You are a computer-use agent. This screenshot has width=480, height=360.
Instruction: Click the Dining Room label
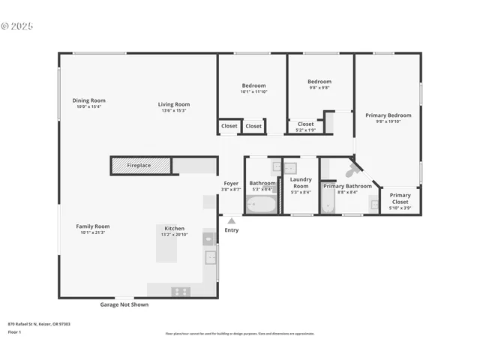click(88, 100)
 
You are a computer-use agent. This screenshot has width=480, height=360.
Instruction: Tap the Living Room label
click(174, 104)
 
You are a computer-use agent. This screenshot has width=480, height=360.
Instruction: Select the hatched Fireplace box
click(140, 165)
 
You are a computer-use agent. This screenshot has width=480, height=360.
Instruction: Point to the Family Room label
click(92, 226)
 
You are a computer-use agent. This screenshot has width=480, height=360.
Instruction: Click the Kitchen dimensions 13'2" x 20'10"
click(174, 235)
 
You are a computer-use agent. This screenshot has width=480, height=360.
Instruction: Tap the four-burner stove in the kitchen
click(181, 291)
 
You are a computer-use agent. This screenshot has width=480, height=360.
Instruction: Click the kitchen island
click(166, 247)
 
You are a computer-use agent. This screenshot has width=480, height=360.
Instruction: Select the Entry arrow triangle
click(232, 220)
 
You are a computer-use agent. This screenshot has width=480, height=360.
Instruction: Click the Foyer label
click(231, 183)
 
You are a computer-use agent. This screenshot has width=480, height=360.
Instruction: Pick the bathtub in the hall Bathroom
click(262, 204)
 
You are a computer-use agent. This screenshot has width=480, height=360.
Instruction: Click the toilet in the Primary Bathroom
click(351, 172)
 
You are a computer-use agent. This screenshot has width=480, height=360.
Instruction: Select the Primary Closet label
click(400, 198)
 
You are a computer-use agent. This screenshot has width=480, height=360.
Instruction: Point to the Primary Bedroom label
click(388, 115)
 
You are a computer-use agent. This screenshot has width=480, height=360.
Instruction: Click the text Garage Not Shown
click(124, 304)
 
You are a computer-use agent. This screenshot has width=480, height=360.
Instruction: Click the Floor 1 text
click(15, 331)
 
